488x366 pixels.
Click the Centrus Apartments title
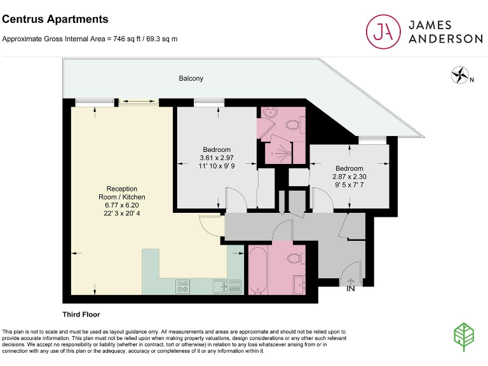(55, 20)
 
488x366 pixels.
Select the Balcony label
(191, 78)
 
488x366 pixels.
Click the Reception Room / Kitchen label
(121, 193)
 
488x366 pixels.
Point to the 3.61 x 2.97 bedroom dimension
(217, 158)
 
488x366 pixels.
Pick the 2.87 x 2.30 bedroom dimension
(349, 177)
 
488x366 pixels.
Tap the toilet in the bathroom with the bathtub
(294, 259)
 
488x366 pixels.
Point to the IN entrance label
(350, 289)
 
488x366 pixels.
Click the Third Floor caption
(81, 315)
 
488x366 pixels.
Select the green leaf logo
(464, 336)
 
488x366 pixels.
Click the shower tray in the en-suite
(280, 149)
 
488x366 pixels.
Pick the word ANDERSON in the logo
(445, 38)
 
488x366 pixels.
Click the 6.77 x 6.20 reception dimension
(121, 205)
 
